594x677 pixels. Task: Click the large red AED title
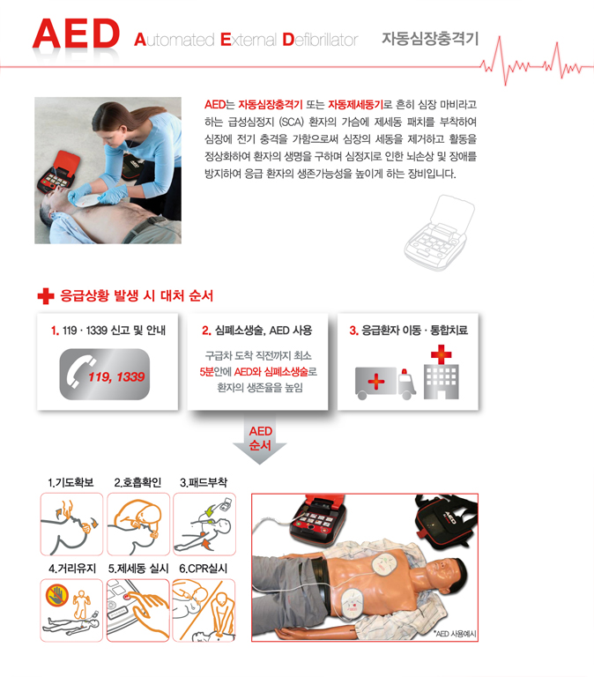[x=77, y=33]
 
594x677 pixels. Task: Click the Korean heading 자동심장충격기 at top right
[x=430, y=39]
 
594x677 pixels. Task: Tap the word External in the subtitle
[x=249, y=40]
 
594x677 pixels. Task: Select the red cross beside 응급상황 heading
[x=46, y=296]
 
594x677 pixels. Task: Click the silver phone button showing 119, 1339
[x=105, y=375]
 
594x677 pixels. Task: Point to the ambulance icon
[x=385, y=383]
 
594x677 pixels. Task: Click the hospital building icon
[x=442, y=372]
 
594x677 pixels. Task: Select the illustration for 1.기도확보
[x=71, y=524]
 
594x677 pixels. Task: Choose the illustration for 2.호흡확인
[x=138, y=524]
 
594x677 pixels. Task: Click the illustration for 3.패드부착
[x=204, y=524]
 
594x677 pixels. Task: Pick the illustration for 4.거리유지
[x=71, y=611]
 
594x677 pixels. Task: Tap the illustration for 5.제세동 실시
[x=138, y=611]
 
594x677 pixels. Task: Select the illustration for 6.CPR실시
[x=204, y=611]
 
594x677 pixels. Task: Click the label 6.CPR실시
[x=204, y=569]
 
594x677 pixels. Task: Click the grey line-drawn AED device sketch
[x=440, y=233]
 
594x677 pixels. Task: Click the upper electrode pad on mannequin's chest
[x=385, y=564]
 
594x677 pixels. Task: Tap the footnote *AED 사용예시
[x=456, y=634]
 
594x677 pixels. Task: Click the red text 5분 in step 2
[x=207, y=372]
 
